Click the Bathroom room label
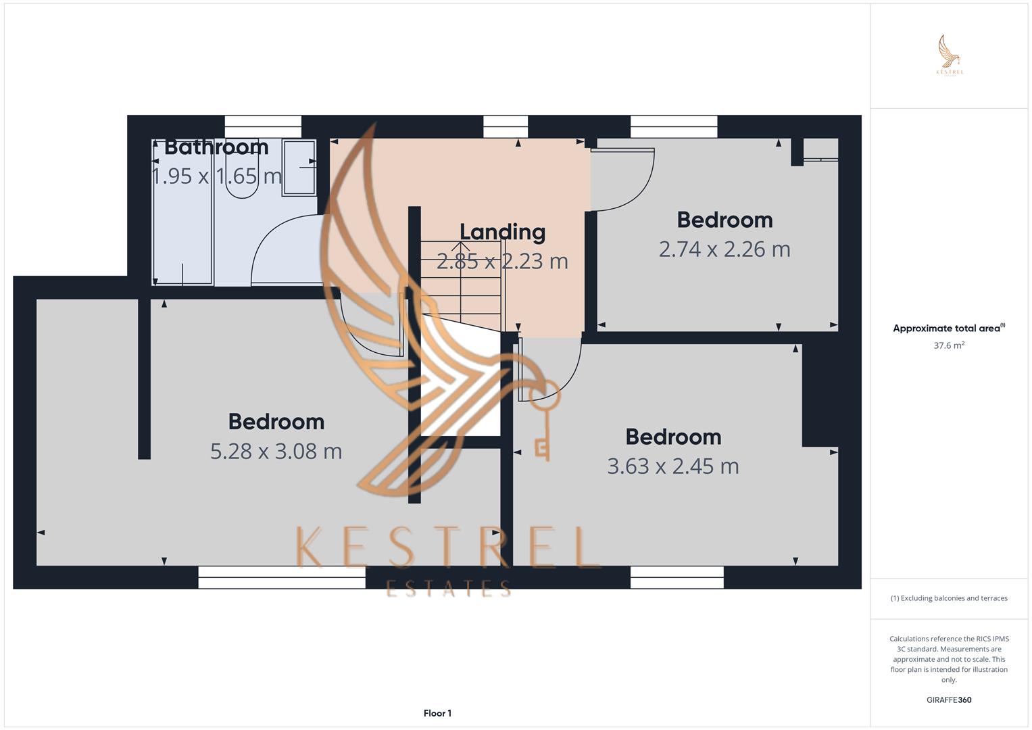[x=216, y=147]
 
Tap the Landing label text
[x=503, y=233]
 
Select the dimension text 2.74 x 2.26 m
[x=724, y=249]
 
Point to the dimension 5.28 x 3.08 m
[x=276, y=452]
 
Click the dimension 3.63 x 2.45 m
[x=673, y=466]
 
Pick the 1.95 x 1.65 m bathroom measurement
[x=216, y=176]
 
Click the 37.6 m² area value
[x=949, y=345]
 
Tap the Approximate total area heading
[x=949, y=328]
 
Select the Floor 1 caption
[x=437, y=713]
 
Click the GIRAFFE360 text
[x=949, y=700]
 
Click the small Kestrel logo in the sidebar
[x=950, y=55]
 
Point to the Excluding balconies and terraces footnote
[x=949, y=598]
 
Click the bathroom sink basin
[x=299, y=168]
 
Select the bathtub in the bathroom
[x=182, y=212]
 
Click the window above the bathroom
[x=263, y=127]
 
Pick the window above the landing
[x=506, y=127]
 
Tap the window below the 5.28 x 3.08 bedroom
[x=282, y=577]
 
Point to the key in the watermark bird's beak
[x=544, y=419]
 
